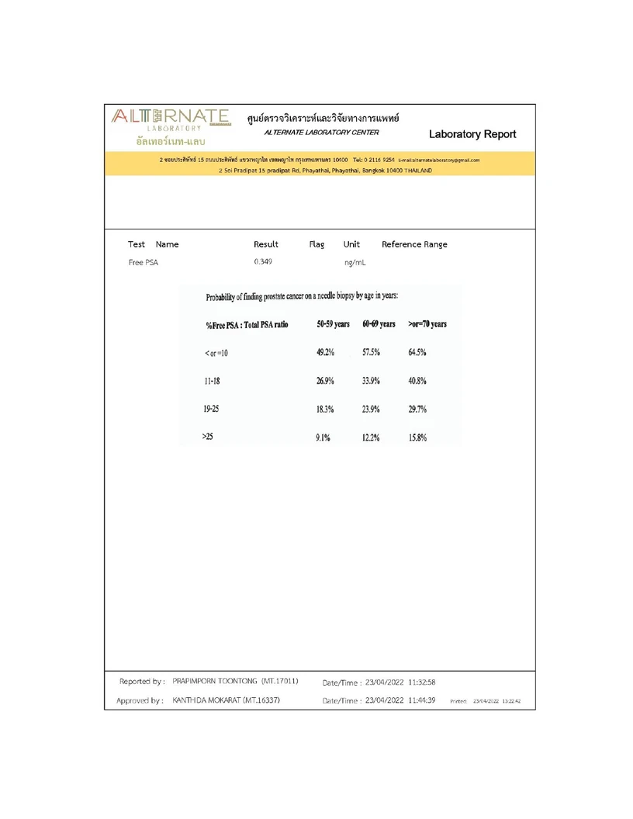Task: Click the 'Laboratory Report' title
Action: click(x=472, y=134)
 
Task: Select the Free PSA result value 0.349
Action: click(x=263, y=262)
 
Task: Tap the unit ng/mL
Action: click(x=355, y=263)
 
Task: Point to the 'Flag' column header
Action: click(x=316, y=244)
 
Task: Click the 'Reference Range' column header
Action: click(x=414, y=244)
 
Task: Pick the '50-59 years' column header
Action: click(x=333, y=324)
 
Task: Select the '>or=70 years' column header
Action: click(x=427, y=324)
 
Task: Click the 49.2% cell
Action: click(x=325, y=353)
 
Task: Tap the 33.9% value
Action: click(x=371, y=381)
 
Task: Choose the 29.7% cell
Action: click(x=417, y=409)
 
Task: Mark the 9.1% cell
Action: click(x=323, y=437)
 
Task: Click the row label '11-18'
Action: click(x=211, y=381)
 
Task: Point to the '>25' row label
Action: click(x=207, y=437)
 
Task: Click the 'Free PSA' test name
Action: click(x=143, y=262)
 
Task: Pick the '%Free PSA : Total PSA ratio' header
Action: click(x=247, y=324)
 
